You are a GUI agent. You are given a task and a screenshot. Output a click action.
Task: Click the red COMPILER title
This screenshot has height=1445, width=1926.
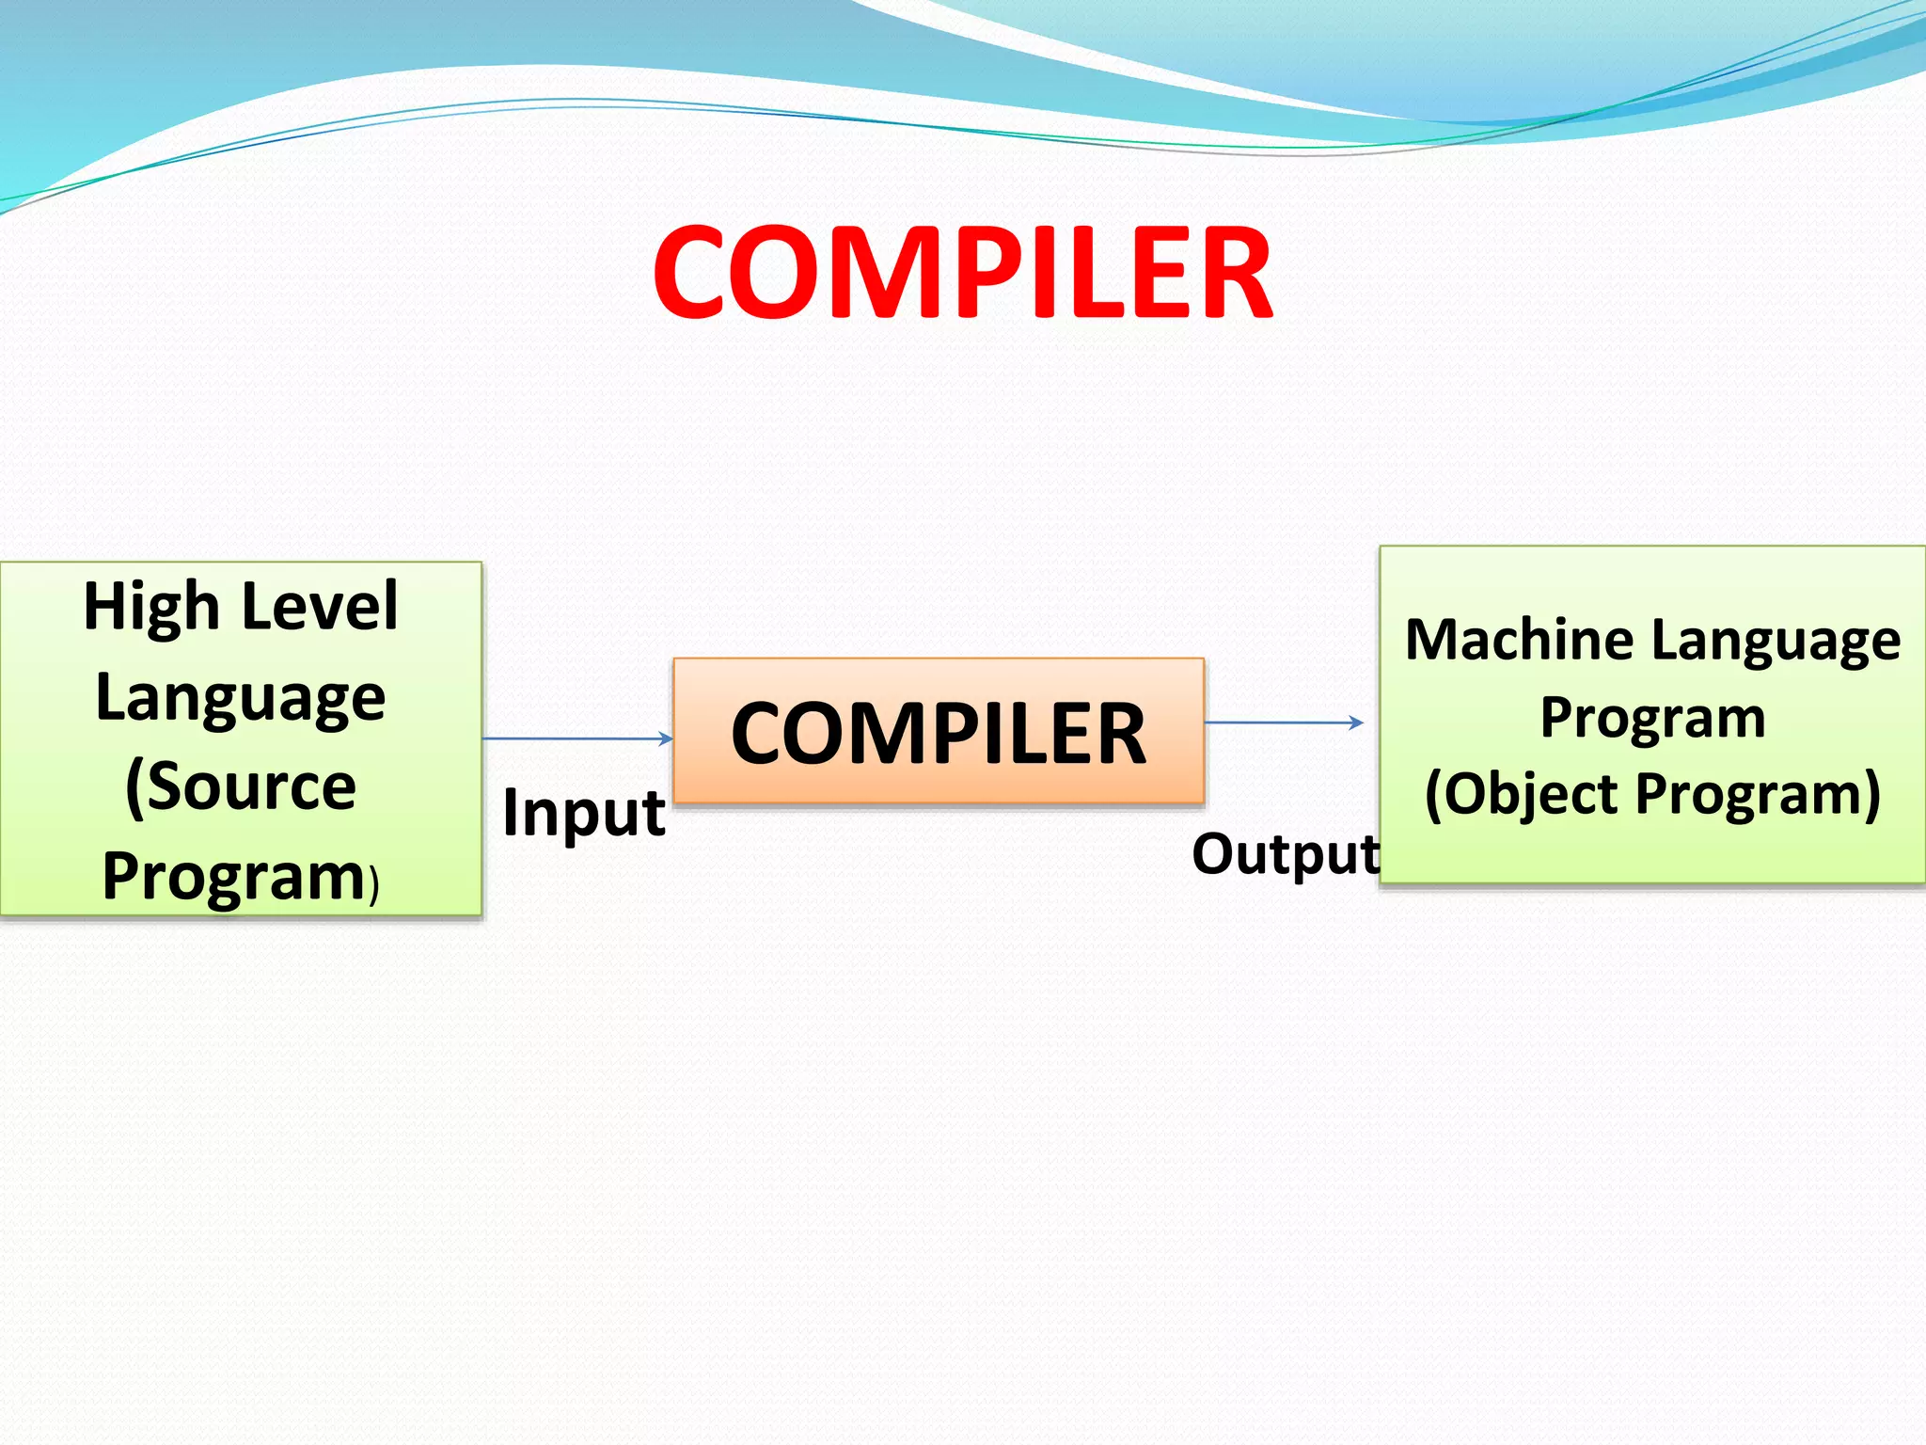(962, 274)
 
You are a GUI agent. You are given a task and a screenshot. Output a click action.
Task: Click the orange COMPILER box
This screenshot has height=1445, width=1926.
(939, 732)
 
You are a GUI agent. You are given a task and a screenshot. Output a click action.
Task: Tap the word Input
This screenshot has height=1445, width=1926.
(583, 813)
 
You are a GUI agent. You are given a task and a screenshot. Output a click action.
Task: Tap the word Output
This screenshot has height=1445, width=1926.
(1285, 854)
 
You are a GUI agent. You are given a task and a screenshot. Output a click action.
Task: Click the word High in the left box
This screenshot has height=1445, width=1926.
(150, 607)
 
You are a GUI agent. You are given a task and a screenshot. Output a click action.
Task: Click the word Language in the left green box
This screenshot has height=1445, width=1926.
(241, 698)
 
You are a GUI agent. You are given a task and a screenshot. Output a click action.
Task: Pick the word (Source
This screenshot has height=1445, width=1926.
(241, 786)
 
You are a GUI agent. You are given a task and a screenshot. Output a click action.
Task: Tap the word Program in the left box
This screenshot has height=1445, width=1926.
(232, 877)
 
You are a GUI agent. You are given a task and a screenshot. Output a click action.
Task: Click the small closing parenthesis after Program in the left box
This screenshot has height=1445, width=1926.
(374, 885)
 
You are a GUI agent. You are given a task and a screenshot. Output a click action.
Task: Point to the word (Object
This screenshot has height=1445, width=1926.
(1523, 795)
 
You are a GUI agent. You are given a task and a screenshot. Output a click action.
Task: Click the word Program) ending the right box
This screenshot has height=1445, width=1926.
(1759, 795)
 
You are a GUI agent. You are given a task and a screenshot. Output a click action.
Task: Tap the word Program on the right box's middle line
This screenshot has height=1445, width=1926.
(1652, 719)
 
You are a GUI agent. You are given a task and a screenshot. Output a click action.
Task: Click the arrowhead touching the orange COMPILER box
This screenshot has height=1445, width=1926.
(666, 738)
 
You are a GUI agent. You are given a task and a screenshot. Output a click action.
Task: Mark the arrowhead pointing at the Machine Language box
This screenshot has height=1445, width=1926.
(1356, 722)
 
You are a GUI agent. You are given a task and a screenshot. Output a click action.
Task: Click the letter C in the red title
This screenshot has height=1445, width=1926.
(698, 274)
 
